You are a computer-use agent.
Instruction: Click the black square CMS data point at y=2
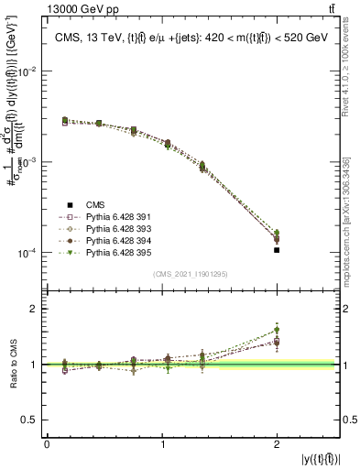click(277, 249)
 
